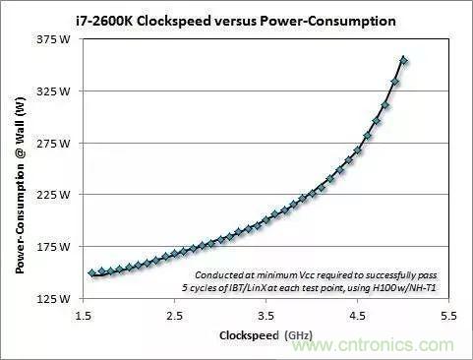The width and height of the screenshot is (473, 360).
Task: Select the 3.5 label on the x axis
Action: coord(265,316)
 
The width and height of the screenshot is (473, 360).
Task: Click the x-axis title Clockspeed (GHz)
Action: coord(265,335)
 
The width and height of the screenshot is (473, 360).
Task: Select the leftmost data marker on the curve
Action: coord(92,272)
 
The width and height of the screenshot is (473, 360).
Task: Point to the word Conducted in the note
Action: coord(220,274)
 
